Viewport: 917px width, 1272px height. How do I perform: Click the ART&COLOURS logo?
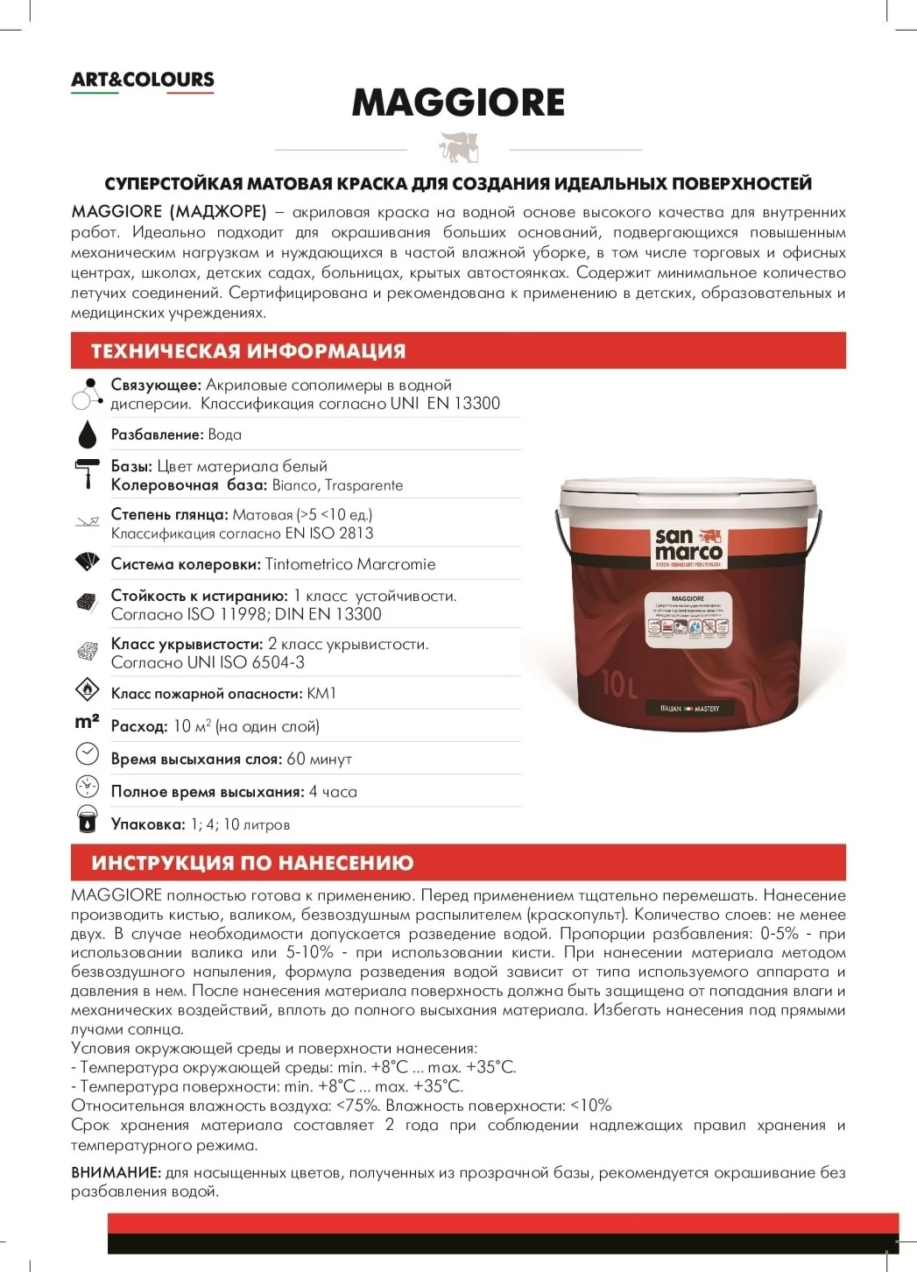(143, 80)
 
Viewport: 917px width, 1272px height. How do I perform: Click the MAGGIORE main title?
(458, 102)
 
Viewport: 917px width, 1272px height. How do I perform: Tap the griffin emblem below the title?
(459, 147)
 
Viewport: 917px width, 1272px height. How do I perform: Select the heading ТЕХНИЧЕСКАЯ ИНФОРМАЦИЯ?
(249, 351)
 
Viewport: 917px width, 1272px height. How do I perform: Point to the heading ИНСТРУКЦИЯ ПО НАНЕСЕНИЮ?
(252, 863)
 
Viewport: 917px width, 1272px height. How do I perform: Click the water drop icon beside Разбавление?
(87, 434)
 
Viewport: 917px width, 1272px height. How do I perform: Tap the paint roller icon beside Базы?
(87, 474)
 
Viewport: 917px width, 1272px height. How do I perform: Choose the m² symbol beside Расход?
(87, 723)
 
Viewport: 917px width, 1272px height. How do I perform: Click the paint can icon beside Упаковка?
(87, 819)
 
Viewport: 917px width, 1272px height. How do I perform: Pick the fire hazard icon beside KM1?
(87, 690)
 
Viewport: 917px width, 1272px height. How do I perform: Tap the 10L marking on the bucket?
(619, 683)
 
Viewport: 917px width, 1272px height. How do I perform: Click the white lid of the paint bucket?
(689, 492)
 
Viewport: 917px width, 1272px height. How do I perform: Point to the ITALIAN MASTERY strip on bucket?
(689, 708)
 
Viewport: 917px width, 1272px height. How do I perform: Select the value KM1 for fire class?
(321, 693)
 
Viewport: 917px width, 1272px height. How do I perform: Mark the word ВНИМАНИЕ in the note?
(116, 1172)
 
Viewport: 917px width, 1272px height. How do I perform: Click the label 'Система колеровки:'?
(186, 564)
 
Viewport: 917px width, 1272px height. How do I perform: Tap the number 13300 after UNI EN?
(476, 404)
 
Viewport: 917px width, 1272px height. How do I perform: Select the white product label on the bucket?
(688, 619)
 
